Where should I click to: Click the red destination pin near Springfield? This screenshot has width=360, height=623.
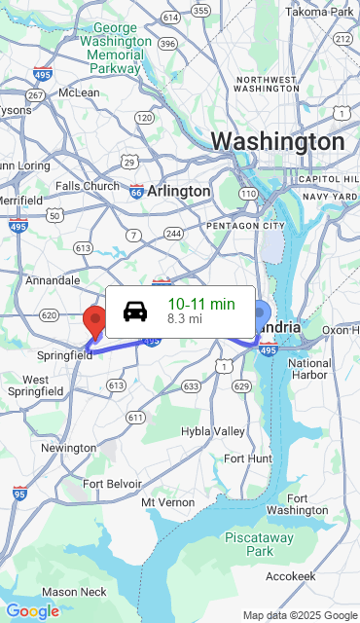[x=94, y=319]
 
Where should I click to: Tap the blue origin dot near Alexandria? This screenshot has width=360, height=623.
[x=260, y=313]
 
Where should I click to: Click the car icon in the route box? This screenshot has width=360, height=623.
[x=135, y=311]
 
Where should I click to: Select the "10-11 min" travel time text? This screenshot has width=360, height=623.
[x=200, y=304]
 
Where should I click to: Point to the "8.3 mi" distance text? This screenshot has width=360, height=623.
[x=185, y=318]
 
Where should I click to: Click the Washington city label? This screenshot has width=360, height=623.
[x=277, y=142]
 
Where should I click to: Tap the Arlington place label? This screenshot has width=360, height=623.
[x=178, y=192]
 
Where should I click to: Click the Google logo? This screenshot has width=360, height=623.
[x=32, y=611]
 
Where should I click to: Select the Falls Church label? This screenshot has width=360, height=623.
[x=87, y=186]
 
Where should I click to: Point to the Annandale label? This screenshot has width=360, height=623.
[x=53, y=280]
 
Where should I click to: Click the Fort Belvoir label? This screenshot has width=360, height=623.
[x=112, y=483]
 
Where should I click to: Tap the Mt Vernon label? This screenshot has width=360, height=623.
[x=162, y=501]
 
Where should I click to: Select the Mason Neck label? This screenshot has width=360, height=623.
[x=74, y=592]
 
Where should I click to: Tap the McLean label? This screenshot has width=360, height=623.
[x=79, y=92]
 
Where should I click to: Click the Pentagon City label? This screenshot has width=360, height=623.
[x=245, y=226]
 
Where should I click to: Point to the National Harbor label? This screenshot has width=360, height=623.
[x=309, y=369]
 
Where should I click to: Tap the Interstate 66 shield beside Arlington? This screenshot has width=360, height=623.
[x=136, y=192]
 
